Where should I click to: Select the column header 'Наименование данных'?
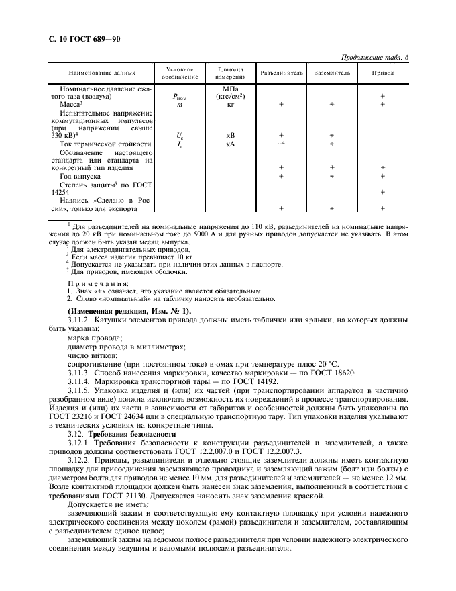click(x=102, y=73)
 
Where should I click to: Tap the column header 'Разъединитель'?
click(x=282, y=73)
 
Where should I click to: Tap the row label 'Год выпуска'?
click(x=82, y=176)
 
